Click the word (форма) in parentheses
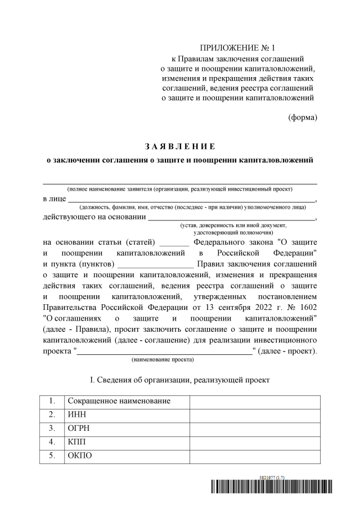point(302,118)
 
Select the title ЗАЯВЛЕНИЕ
point(179,147)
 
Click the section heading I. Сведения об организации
point(179,380)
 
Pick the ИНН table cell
point(127,415)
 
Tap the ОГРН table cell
point(127,428)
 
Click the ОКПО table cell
point(127,456)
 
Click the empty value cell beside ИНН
point(255,415)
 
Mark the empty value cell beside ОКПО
point(255,456)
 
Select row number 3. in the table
point(52,428)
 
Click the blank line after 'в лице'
point(191,199)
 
